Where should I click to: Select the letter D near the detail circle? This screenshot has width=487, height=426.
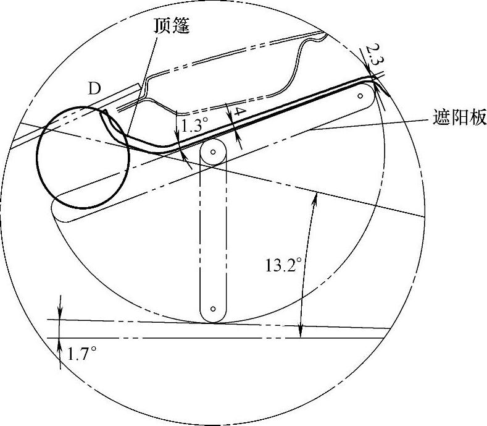point(94,88)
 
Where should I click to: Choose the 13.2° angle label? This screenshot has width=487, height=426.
point(283,265)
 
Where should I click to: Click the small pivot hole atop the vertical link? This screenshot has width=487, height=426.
point(214,150)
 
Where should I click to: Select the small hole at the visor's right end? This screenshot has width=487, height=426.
point(362,96)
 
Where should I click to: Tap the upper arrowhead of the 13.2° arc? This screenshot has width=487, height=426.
point(315,197)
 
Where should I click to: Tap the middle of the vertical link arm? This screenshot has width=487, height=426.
point(214,235)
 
